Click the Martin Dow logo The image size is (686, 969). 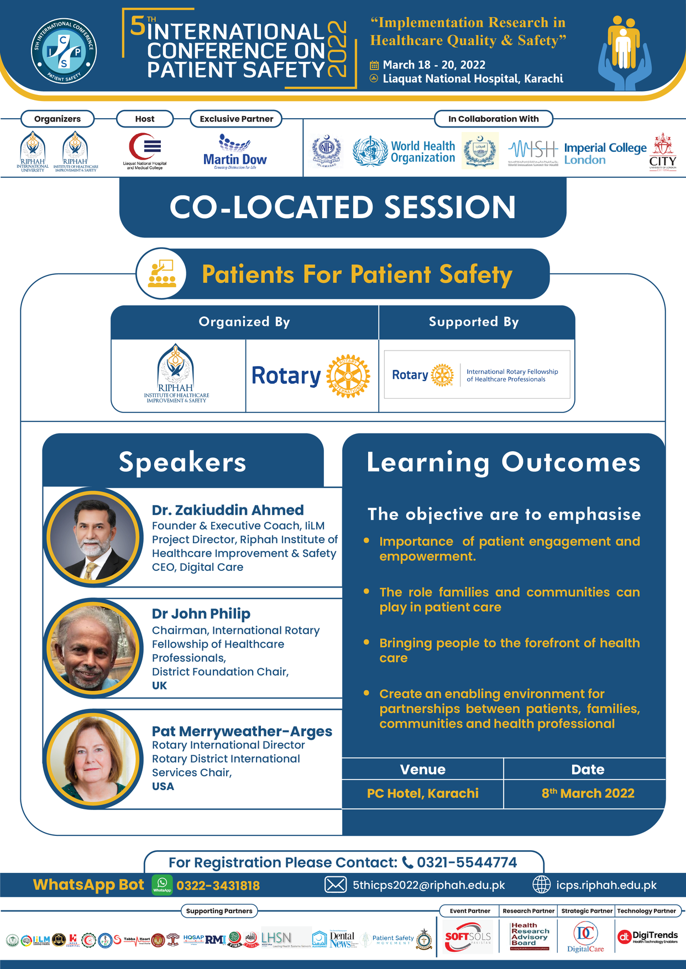point(235,152)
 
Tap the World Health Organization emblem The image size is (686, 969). point(370,151)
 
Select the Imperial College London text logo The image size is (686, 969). point(605,153)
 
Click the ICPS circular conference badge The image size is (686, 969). point(64,50)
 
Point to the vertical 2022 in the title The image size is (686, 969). point(337,49)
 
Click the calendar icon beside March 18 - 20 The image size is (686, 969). point(374,65)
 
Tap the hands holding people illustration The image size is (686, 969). point(624,52)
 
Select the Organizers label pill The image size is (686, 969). point(57,119)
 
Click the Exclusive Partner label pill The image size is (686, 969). point(236,119)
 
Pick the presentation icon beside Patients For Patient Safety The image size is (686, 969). point(161,273)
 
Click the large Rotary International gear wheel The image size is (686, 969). point(348,376)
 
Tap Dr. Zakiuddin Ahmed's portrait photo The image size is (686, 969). point(93,537)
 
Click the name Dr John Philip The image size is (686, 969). point(201,613)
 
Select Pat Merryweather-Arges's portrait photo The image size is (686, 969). point(93,759)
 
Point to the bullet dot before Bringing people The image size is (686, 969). point(366,642)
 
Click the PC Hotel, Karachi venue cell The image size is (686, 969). point(423,793)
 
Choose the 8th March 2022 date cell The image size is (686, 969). point(588,793)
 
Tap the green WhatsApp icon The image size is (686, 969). point(162,885)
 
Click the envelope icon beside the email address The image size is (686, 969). point(335,885)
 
